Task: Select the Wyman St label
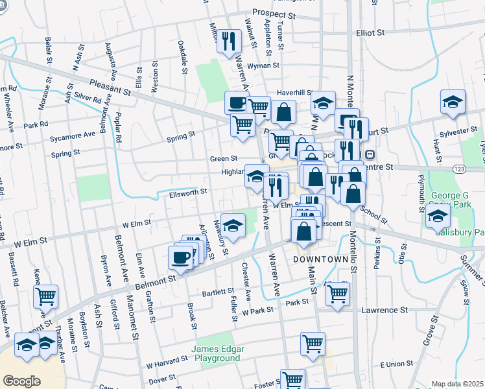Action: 267,65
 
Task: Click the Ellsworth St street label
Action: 188,191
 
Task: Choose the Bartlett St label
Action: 217,292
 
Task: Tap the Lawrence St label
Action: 384,311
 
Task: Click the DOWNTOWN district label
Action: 321,259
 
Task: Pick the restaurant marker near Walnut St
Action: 228,41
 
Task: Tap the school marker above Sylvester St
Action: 453,101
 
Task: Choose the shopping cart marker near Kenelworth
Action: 45,296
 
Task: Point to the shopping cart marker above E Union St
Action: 313,343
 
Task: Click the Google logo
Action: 21,381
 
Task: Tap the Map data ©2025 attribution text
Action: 457,384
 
